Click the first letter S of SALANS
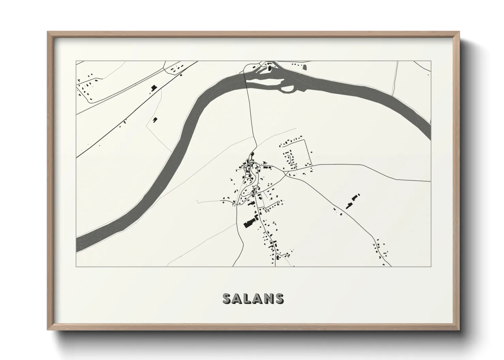(x=227, y=298)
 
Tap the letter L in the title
(x=251, y=298)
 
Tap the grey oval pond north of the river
(x=305, y=68)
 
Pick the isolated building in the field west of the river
(x=156, y=119)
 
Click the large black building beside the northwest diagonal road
(x=153, y=88)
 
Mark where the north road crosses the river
(x=247, y=83)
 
